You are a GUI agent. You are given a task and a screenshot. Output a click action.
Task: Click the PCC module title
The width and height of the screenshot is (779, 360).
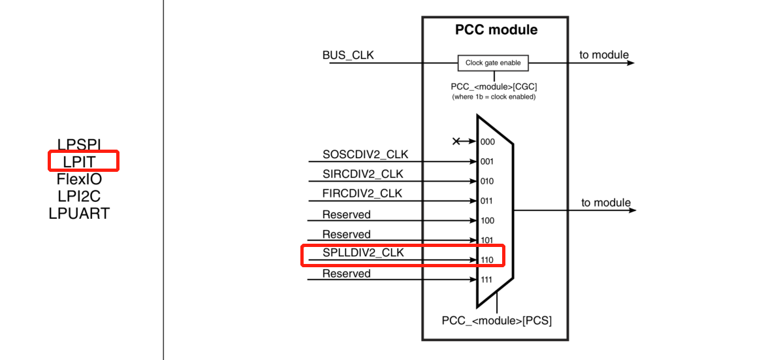tap(496, 30)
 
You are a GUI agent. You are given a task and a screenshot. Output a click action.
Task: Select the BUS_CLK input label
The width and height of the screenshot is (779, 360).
tap(348, 56)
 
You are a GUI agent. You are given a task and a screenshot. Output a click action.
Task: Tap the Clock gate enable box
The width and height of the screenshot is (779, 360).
tap(493, 63)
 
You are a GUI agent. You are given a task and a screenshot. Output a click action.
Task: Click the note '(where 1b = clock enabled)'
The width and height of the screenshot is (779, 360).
tap(494, 97)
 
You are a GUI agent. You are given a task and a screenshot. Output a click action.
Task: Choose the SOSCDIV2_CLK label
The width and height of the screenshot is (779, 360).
tap(365, 154)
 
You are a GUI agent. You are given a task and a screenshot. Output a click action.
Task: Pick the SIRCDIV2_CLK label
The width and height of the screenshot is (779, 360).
tap(362, 174)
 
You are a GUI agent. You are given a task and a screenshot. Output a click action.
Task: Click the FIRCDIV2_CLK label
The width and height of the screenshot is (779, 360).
tap(362, 193)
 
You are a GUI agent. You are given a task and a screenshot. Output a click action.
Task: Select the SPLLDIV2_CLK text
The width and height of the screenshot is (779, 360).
tap(362, 253)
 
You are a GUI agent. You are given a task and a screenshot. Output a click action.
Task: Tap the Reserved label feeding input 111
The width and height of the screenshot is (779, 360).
tap(346, 274)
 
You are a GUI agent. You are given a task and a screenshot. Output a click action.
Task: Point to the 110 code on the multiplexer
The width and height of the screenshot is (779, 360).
tap(487, 260)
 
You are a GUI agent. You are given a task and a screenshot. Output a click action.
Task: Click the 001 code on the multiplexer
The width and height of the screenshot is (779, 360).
tap(487, 161)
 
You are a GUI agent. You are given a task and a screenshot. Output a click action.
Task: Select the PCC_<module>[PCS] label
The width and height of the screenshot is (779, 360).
tap(496, 320)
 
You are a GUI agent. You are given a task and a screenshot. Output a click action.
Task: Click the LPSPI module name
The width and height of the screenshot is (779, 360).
tap(79, 145)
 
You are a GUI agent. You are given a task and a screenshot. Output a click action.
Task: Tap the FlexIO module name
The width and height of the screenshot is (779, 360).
tap(79, 179)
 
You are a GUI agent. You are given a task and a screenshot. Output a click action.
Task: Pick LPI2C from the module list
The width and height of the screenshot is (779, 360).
tap(79, 196)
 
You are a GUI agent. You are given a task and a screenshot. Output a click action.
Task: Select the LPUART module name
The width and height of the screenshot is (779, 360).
tap(79, 213)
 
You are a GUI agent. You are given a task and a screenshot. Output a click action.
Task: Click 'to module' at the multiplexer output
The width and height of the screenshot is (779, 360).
tap(606, 203)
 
